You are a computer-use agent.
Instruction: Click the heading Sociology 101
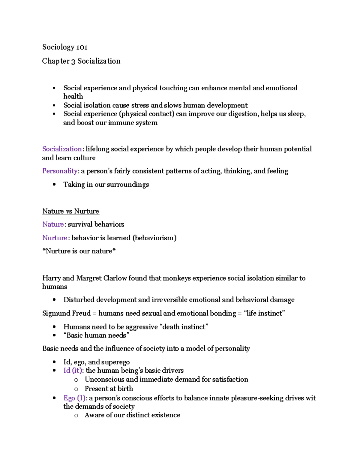pos(65,47)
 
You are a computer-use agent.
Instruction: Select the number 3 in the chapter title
pos(73,61)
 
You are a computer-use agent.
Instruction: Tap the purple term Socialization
pos(62,149)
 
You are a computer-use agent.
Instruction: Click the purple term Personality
pos(60,171)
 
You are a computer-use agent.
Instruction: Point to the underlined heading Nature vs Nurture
pos(70,211)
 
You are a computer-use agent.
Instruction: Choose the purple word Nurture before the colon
pos(55,238)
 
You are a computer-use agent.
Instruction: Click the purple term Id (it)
pos(72,371)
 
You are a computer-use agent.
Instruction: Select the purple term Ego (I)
pos(74,398)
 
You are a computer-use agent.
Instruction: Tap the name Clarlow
pos(115,278)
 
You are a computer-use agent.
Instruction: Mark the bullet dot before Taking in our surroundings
pos(54,185)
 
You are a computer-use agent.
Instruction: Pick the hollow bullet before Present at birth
pos(76,389)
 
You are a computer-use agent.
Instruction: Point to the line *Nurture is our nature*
pos(79,251)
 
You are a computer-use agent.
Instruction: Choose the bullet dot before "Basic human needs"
pos(54,335)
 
